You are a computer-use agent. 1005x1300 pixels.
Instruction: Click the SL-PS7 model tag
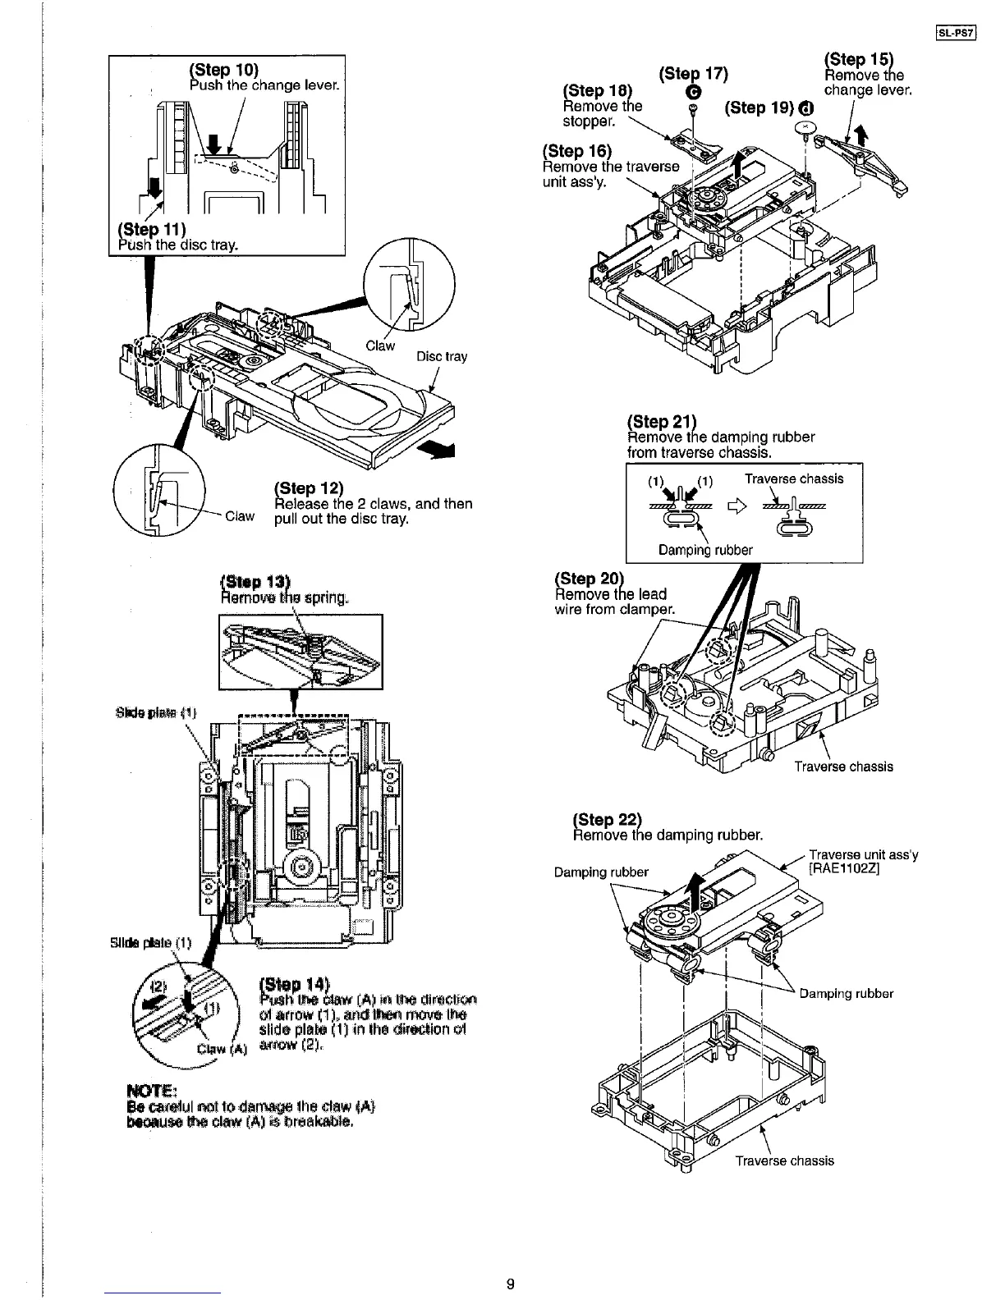[953, 34]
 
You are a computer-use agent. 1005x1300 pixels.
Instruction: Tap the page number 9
[510, 1284]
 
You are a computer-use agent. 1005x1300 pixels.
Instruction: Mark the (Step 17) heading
[694, 74]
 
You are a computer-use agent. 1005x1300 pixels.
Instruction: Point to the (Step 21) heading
[661, 421]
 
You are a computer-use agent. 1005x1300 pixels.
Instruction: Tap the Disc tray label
[442, 356]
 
